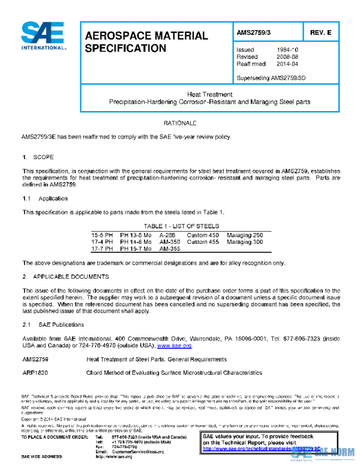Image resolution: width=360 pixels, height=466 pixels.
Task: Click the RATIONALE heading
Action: [x=180, y=123]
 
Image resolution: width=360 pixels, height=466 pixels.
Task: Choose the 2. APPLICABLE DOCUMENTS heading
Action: [x=65, y=276]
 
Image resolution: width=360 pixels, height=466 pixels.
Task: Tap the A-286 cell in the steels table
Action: [x=168, y=234]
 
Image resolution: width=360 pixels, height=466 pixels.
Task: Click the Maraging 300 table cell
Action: [x=245, y=241]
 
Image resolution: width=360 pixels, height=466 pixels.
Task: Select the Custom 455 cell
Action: [x=203, y=241]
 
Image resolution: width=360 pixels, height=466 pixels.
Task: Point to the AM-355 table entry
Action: [x=170, y=248]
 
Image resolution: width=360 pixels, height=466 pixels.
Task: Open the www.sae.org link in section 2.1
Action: [x=175, y=346]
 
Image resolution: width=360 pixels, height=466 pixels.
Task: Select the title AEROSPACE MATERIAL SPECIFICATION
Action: [x=146, y=41]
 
